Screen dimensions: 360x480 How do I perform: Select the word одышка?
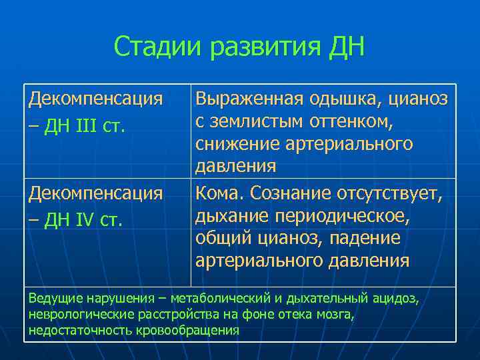pos(343,99)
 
